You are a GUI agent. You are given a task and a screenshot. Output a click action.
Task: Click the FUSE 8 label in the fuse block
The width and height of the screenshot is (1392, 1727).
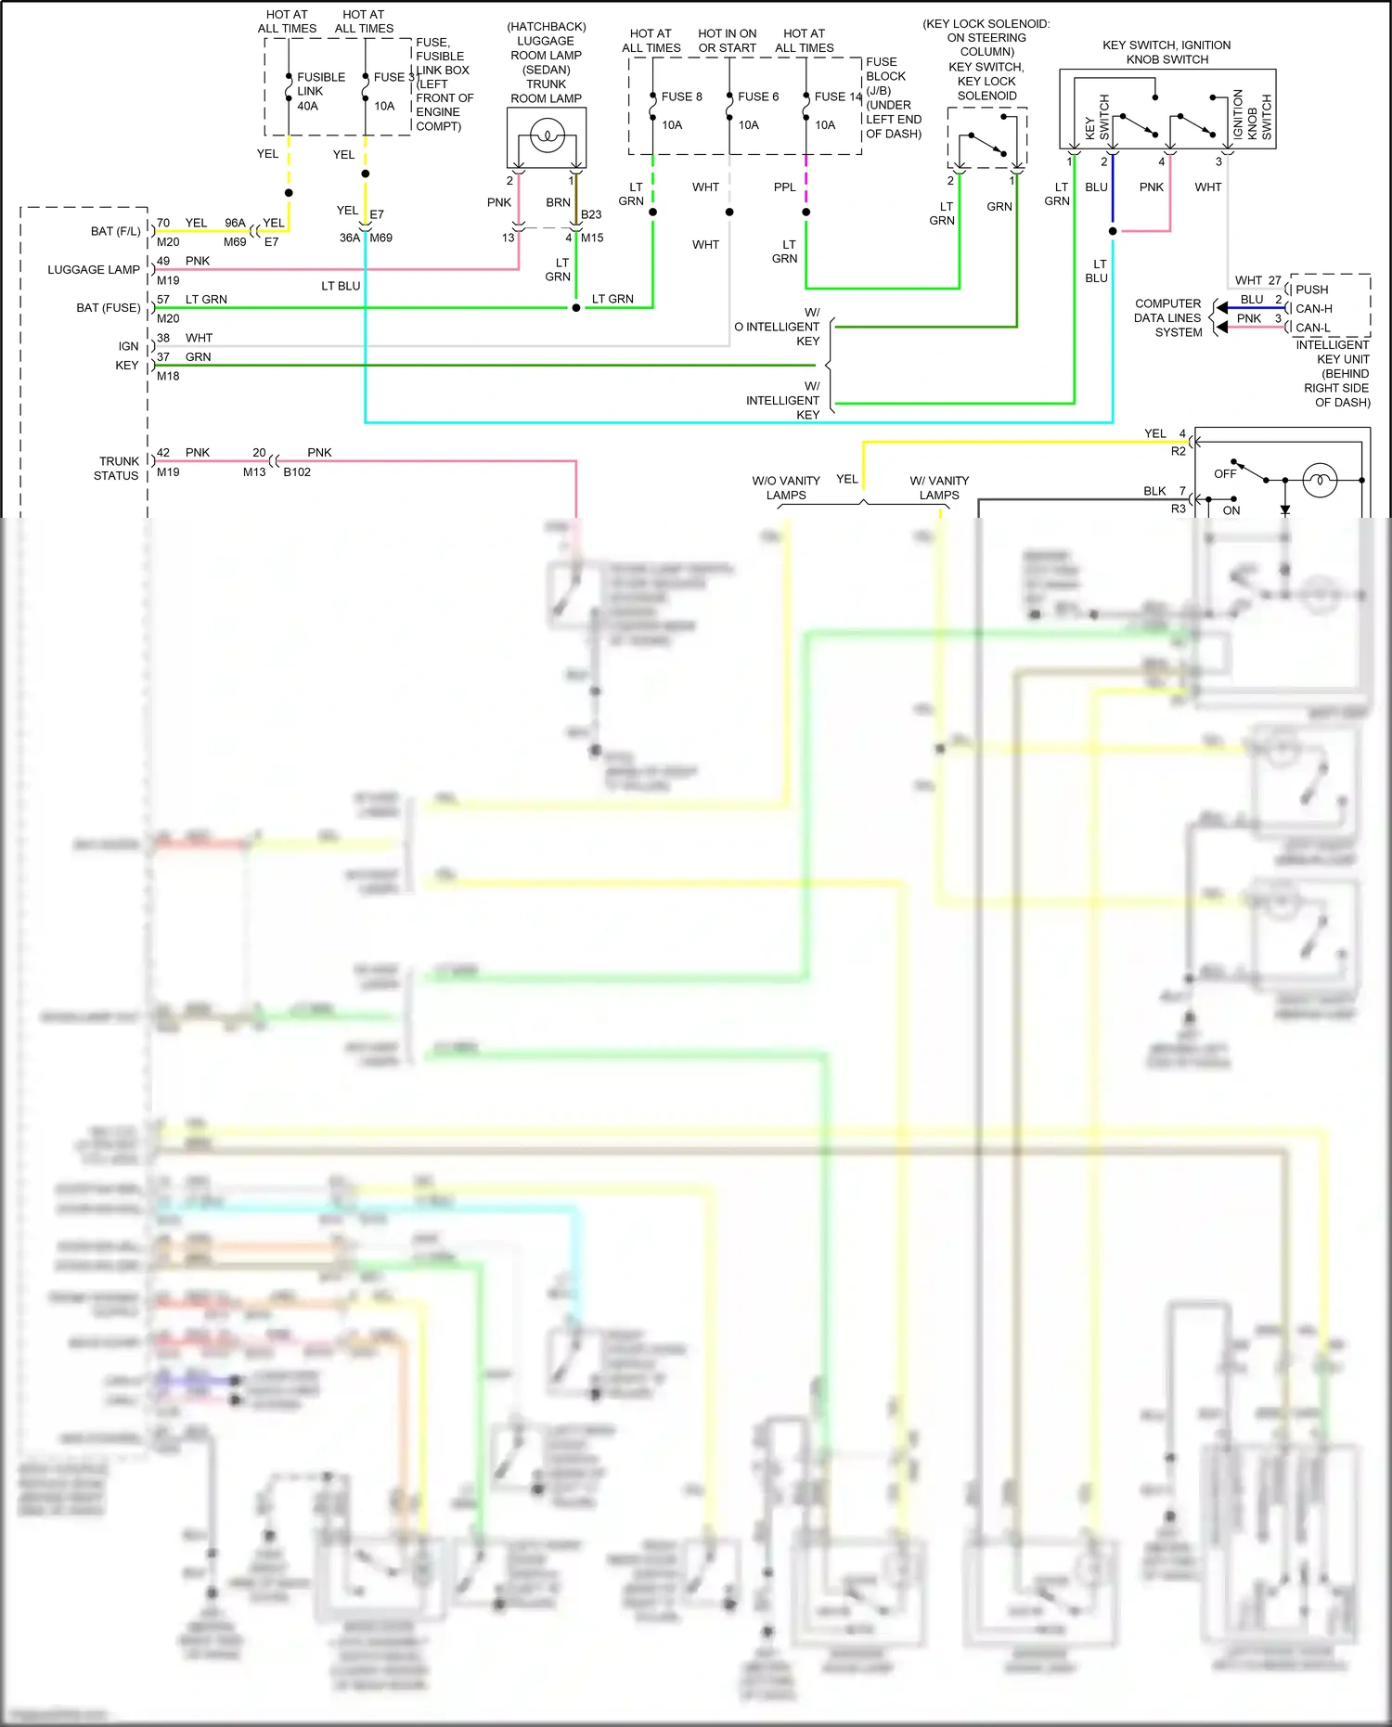click(681, 97)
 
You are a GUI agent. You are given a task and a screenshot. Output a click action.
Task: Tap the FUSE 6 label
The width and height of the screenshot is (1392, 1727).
click(758, 97)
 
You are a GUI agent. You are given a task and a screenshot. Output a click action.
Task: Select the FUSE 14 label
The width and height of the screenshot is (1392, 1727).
click(837, 97)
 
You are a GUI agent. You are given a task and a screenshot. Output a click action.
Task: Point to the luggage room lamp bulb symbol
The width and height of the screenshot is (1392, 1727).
click(547, 137)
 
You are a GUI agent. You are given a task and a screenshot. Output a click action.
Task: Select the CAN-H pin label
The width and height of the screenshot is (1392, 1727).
click(1313, 308)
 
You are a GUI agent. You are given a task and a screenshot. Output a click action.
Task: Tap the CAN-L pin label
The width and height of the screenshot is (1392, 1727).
click(1312, 328)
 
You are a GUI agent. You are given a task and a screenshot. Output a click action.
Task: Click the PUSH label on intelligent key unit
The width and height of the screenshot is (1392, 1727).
click(1311, 290)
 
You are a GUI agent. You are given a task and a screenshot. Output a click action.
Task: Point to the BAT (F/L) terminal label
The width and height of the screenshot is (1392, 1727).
click(116, 231)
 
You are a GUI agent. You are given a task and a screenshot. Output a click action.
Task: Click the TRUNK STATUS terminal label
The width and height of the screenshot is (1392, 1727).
click(118, 468)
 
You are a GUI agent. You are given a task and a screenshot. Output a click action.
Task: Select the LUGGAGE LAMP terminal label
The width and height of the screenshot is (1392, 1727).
click(94, 269)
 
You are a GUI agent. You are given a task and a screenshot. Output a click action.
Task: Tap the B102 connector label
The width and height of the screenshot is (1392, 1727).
click(297, 471)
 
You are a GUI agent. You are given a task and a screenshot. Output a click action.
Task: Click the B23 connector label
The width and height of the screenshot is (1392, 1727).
click(591, 214)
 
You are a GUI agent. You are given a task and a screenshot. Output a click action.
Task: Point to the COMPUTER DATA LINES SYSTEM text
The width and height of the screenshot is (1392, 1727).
click(1167, 317)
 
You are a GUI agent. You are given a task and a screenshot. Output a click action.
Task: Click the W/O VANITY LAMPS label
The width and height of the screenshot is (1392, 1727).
click(786, 487)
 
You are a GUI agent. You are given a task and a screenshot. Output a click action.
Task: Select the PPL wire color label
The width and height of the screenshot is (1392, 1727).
click(784, 187)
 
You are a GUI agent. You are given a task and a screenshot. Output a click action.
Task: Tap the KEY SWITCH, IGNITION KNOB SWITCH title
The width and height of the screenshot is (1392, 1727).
click(1166, 52)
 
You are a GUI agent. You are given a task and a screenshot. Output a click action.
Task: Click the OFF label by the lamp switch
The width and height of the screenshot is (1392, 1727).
click(1225, 473)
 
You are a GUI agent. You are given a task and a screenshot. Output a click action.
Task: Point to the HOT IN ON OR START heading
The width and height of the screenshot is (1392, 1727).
click(727, 40)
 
